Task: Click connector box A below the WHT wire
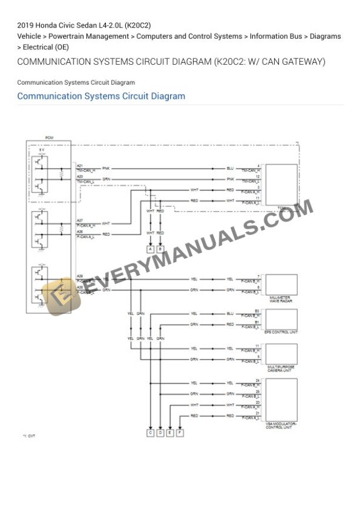coord(151,249)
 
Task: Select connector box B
coord(161,249)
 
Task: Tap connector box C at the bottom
coord(151,433)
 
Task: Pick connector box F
coord(180,433)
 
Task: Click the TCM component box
coord(281,184)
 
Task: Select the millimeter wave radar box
coord(281,284)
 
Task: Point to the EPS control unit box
coord(281,319)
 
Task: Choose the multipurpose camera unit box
coord(281,354)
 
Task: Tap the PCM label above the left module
coord(49,138)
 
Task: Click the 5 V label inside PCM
coord(41,150)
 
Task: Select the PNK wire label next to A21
coord(105,168)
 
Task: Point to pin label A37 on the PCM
coord(79,220)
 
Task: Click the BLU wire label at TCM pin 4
coord(230,168)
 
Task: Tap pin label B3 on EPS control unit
coord(257,310)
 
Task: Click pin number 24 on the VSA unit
coord(258,380)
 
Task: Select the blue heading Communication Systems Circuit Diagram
coord(101,96)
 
